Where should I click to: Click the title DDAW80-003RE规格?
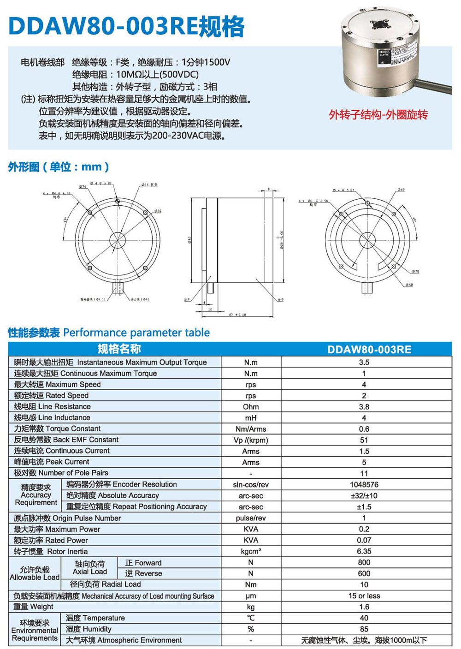[126, 26]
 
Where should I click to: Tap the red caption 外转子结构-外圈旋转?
[378, 115]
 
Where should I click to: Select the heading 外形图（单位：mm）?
[59, 167]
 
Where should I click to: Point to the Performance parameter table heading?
[109, 333]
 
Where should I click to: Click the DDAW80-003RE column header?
[369, 349]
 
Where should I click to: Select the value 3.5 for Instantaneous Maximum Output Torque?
[364, 363]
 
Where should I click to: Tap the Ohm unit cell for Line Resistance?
[251, 407]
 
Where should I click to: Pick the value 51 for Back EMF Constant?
[364, 440]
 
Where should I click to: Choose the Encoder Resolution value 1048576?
[364, 485]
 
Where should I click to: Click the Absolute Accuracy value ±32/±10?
[364, 496]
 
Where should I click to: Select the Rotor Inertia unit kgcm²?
[251, 551]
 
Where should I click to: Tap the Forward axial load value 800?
[364, 562]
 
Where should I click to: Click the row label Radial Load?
[106, 584]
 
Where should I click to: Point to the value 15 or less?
[364, 596]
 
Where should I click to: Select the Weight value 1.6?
[364, 607]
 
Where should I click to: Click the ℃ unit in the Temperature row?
[251, 618]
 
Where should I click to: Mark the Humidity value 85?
[364, 629]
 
